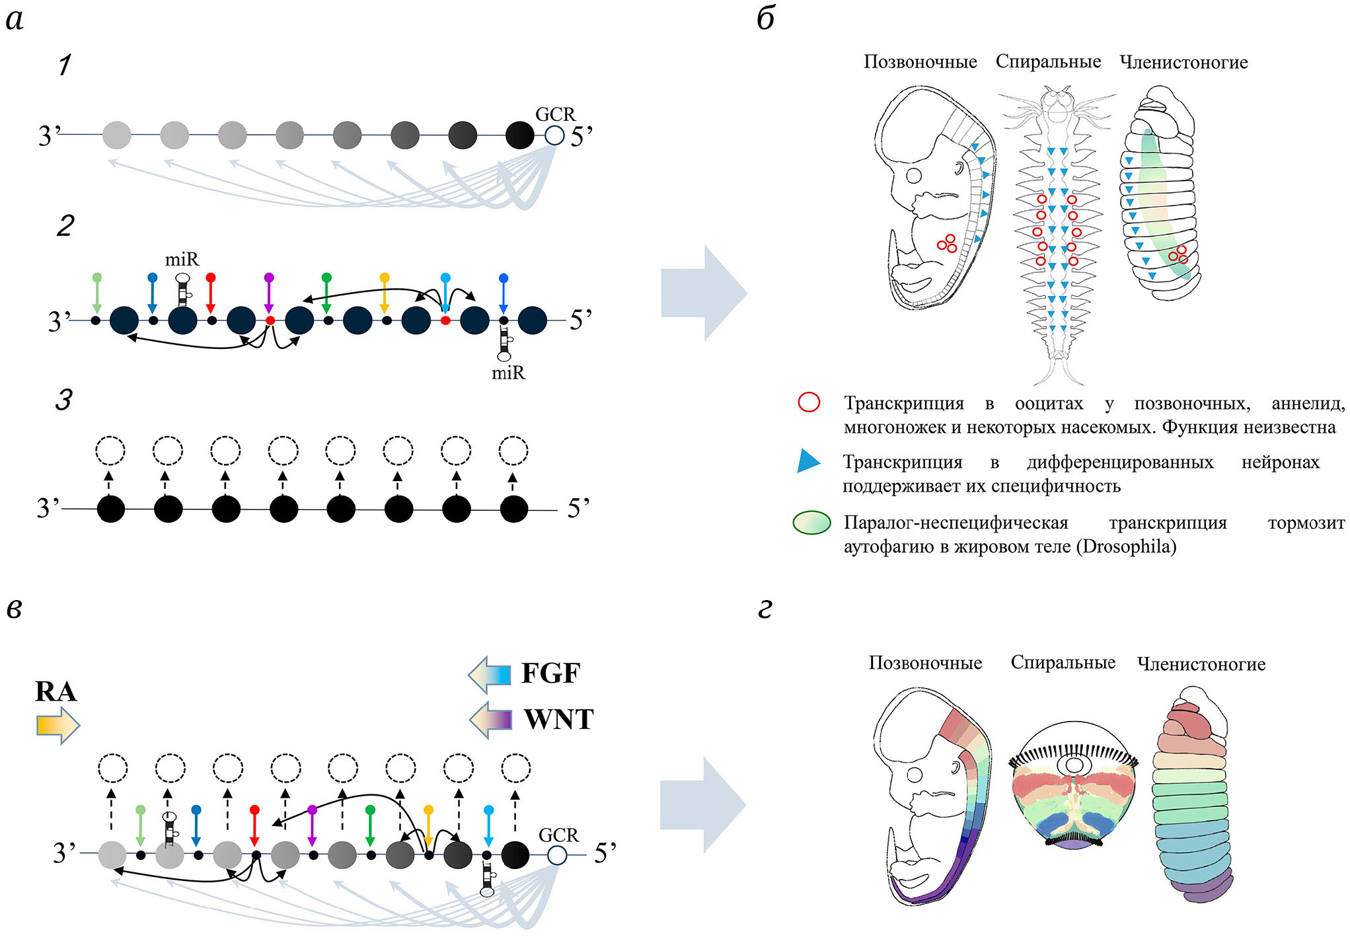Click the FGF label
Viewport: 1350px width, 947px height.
pyautogui.click(x=550, y=673)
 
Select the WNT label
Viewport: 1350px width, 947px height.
pyautogui.click(x=558, y=719)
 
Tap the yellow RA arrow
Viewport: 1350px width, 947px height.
pyautogui.click(x=57, y=725)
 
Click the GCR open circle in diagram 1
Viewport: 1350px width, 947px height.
pyautogui.click(x=554, y=135)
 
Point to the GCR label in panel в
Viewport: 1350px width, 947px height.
pyautogui.click(x=558, y=835)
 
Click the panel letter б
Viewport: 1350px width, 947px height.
pyautogui.click(x=765, y=20)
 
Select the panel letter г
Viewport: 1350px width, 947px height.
pyautogui.click(x=765, y=609)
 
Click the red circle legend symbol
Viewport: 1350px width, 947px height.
pyautogui.click(x=809, y=402)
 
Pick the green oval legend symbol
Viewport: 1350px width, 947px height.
pyautogui.click(x=811, y=523)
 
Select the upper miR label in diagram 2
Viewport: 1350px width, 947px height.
pyautogui.click(x=182, y=259)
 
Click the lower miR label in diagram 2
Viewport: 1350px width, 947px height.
pyautogui.click(x=508, y=373)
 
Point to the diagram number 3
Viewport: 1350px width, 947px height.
pyautogui.click(x=63, y=400)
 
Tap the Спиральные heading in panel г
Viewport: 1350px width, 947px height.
pyautogui.click(x=1063, y=663)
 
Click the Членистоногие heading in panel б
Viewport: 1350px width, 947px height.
pyautogui.click(x=1183, y=63)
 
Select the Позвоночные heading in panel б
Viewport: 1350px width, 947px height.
pyautogui.click(x=920, y=62)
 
